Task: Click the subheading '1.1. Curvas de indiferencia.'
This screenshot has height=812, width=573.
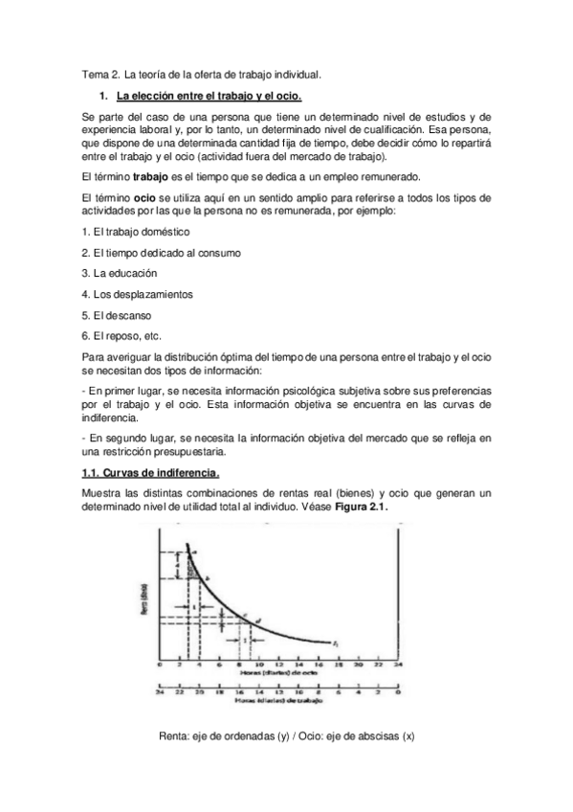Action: pos(151,473)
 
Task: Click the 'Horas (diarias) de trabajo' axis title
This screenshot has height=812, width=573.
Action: pos(277,702)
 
